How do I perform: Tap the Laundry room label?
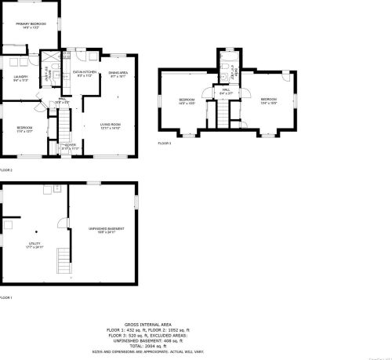20,78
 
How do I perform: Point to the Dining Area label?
118,75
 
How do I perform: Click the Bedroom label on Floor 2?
24,129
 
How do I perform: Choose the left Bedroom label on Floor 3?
186,101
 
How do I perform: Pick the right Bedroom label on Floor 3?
269,100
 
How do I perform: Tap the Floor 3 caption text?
165,144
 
